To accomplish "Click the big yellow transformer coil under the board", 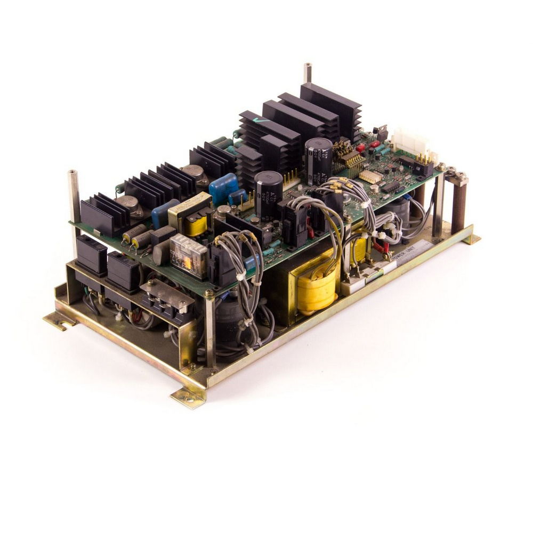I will point(318,291).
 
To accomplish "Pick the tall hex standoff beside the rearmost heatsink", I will point(307,74).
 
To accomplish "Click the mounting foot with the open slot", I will point(59,321).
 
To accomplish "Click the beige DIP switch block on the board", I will point(370,176).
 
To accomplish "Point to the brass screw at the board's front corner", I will point(209,294).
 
